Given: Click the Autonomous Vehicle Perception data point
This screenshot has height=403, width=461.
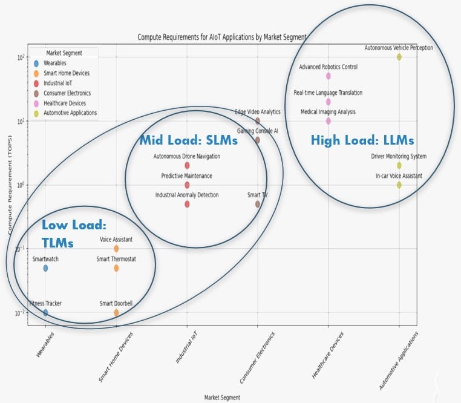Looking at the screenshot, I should (x=399, y=57).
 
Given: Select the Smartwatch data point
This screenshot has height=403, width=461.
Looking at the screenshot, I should (x=45, y=268).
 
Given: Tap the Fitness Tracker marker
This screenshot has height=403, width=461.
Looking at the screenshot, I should (x=45, y=313).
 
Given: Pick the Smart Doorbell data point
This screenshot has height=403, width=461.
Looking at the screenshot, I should (x=116, y=313).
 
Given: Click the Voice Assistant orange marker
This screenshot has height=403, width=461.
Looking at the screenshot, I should (x=116, y=249).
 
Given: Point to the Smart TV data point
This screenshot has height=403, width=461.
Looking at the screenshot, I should (x=258, y=204).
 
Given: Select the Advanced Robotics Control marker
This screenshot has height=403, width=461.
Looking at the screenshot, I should (x=329, y=76).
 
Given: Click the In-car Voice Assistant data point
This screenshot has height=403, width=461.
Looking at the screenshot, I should (x=399, y=185).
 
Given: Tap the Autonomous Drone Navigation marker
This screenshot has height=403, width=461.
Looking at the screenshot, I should (x=187, y=165).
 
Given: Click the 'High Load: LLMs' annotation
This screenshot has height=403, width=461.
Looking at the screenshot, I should (x=362, y=140).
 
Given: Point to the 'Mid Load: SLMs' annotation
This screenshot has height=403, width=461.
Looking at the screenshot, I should (x=189, y=140).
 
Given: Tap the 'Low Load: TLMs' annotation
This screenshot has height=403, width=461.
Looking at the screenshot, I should (x=74, y=234).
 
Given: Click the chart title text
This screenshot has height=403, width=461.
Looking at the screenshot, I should (x=221, y=38).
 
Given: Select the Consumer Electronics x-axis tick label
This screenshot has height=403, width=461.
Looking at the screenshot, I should (x=258, y=357).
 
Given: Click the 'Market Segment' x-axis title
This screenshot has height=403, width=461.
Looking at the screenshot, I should (x=222, y=398).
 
